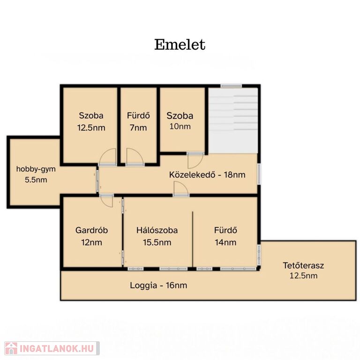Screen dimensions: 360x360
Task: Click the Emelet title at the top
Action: pos(180,45)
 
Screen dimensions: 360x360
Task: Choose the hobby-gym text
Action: pos(36,169)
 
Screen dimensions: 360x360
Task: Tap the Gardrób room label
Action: pos(91,230)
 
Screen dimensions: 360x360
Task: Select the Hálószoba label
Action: pos(157,230)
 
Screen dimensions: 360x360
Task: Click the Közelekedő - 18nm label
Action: pos(207,175)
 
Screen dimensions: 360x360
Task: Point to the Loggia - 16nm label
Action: pos(158,285)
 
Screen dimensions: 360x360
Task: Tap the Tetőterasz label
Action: pos(303,265)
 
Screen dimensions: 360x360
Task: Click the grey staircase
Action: pos(233,121)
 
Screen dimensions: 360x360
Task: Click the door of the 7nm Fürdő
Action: pos(135,157)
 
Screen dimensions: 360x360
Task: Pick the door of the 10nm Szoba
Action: pos(195,160)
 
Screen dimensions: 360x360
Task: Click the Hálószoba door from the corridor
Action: pos(181,189)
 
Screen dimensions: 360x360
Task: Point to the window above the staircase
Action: pos(231,86)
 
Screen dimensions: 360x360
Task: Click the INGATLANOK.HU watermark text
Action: pos(57,349)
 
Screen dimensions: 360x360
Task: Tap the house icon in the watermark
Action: pos(11,349)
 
